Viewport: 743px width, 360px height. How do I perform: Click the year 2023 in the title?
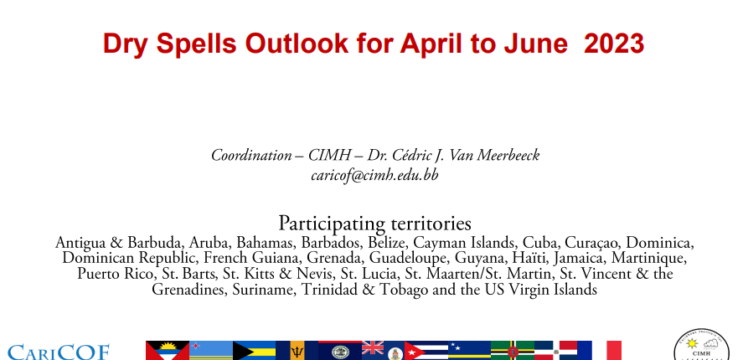point(614,44)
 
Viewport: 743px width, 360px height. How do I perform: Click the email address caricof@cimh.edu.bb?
point(374,175)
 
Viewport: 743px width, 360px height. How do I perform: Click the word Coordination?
point(251,155)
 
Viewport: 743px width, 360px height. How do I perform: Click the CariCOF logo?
point(59,352)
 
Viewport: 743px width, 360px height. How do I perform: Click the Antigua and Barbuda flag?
point(168,351)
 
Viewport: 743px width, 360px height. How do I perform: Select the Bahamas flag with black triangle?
point(254,351)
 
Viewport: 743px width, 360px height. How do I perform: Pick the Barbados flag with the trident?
point(297,351)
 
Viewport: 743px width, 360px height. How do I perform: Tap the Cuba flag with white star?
point(426,351)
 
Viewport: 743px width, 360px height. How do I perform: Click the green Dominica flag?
point(513,351)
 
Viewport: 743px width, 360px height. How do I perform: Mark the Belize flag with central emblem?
point(340,351)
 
